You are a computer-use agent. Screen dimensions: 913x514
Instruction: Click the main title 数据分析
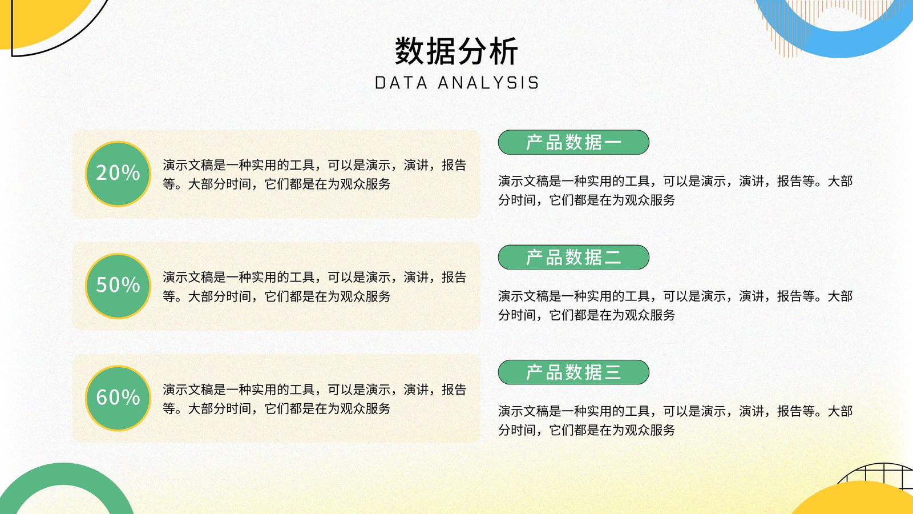[457, 51]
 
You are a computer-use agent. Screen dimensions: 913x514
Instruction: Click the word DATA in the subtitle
[401, 83]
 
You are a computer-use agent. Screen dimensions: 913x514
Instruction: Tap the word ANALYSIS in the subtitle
[488, 83]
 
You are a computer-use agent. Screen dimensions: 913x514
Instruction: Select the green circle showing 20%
[118, 174]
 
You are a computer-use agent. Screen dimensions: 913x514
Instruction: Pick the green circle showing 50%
[118, 286]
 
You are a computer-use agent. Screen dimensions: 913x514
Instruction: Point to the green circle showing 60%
[118, 398]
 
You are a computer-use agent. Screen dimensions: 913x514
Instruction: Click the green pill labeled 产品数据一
[573, 142]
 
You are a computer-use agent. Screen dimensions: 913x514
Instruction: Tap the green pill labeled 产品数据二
[573, 258]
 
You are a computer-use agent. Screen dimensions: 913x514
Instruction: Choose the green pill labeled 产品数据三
[573, 372]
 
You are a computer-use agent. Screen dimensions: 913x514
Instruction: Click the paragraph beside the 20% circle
[314, 174]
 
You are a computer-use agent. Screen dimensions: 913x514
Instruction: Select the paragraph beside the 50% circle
[314, 286]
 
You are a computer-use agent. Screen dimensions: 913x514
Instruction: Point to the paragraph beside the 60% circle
[314, 399]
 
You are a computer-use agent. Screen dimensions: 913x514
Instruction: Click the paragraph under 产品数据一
[676, 190]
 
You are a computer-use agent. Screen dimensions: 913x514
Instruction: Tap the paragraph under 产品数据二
[676, 305]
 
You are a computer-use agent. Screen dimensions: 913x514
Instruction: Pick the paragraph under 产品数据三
[676, 420]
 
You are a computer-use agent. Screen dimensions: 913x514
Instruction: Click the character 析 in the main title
[503, 51]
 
